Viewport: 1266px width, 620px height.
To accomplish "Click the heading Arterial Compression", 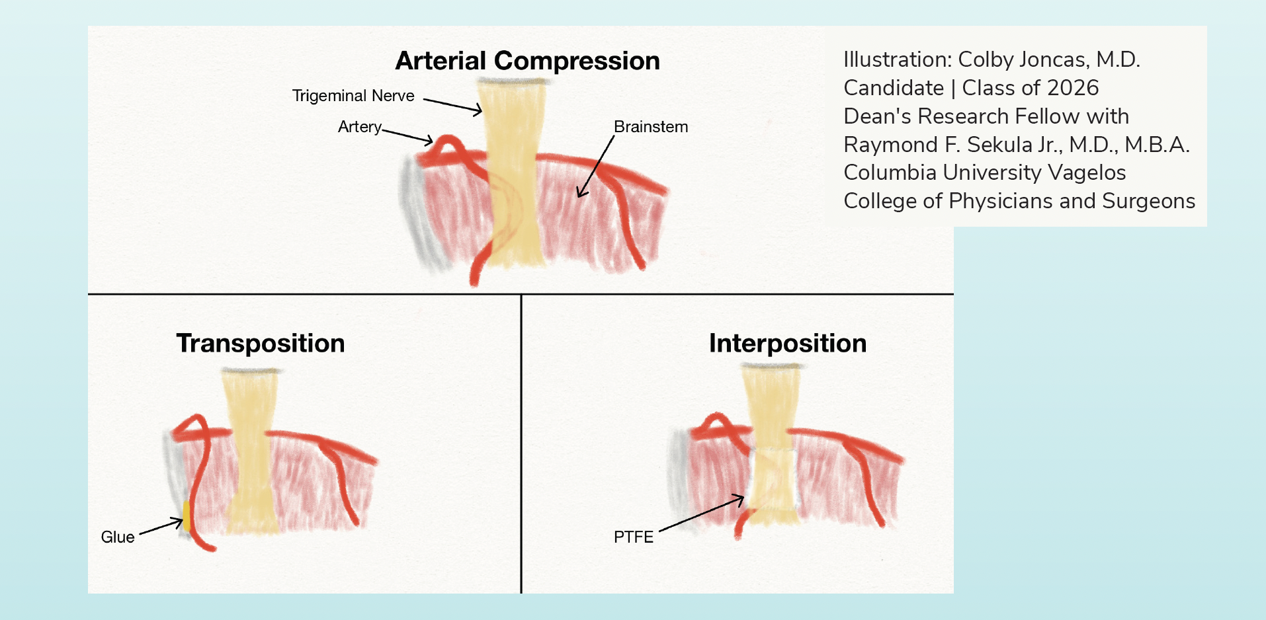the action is [527, 61].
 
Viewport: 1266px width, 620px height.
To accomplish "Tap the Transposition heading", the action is [261, 344].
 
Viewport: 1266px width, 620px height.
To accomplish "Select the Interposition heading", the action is [788, 344].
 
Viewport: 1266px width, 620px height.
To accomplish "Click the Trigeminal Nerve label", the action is [353, 96].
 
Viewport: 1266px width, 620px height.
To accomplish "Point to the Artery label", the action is [360, 127].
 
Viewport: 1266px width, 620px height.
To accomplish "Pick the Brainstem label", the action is [651, 127].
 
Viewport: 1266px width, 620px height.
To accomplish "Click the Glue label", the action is [118, 537].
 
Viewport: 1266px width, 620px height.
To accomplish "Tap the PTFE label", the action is [634, 537].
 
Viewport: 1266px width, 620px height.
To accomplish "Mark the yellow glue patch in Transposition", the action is [187, 516].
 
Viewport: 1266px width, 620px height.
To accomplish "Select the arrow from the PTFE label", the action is [702, 513].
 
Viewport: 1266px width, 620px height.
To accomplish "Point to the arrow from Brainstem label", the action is [596, 166].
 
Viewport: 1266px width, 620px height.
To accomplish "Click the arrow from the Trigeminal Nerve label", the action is [453, 106].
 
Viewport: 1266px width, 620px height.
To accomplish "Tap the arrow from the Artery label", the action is [408, 136].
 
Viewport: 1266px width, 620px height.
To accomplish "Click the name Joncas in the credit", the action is [1055, 59].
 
